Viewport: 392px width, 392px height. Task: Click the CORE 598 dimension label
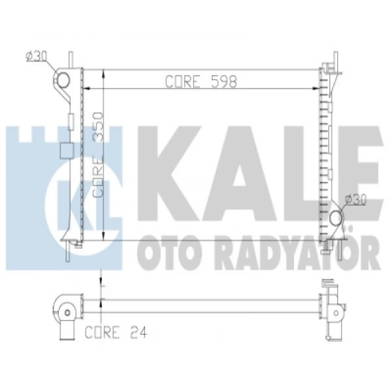click(202, 82)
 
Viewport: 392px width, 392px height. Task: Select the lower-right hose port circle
click(336, 218)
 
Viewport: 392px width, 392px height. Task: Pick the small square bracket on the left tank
click(66, 150)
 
